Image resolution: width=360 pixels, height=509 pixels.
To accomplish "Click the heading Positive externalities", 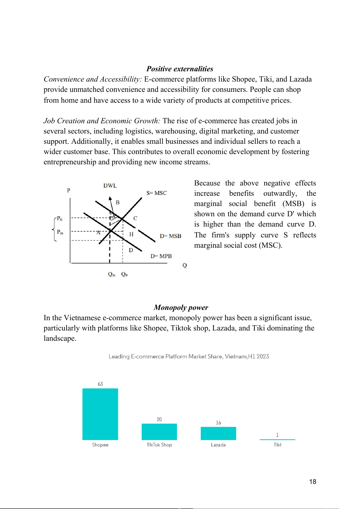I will click(180, 69).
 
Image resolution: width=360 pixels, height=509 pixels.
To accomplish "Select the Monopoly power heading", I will click(181, 308).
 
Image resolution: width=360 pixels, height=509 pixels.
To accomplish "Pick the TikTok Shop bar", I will click(159, 432).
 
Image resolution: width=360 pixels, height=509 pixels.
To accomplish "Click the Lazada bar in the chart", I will click(218, 433).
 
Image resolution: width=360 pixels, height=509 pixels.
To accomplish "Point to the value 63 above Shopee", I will click(100, 384).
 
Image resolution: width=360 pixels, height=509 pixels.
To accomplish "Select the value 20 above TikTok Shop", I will click(159, 419).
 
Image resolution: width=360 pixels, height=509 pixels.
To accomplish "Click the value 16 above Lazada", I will click(218, 423).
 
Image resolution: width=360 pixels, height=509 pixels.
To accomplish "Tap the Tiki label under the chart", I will click(277, 445).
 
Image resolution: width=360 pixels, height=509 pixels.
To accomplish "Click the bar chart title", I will click(189, 356).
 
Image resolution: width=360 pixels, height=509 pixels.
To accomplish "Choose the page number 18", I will click(313, 482).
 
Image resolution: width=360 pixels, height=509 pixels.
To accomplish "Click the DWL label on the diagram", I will click(110, 186).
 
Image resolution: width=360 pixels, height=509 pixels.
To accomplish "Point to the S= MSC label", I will click(156, 193).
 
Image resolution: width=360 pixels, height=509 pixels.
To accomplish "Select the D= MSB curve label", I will click(170, 236).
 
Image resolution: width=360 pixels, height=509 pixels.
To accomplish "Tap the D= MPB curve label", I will click(161, 256).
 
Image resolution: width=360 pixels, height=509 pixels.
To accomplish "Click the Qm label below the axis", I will click(112, 274).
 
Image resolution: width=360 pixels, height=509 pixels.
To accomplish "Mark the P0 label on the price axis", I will click(60, 218).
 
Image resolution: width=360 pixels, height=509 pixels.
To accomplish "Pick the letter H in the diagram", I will click(131, 234).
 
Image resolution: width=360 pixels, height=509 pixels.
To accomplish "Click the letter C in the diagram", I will click(135, 218).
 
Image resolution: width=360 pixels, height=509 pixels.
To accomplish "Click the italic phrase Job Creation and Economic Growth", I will click(102, 121).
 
